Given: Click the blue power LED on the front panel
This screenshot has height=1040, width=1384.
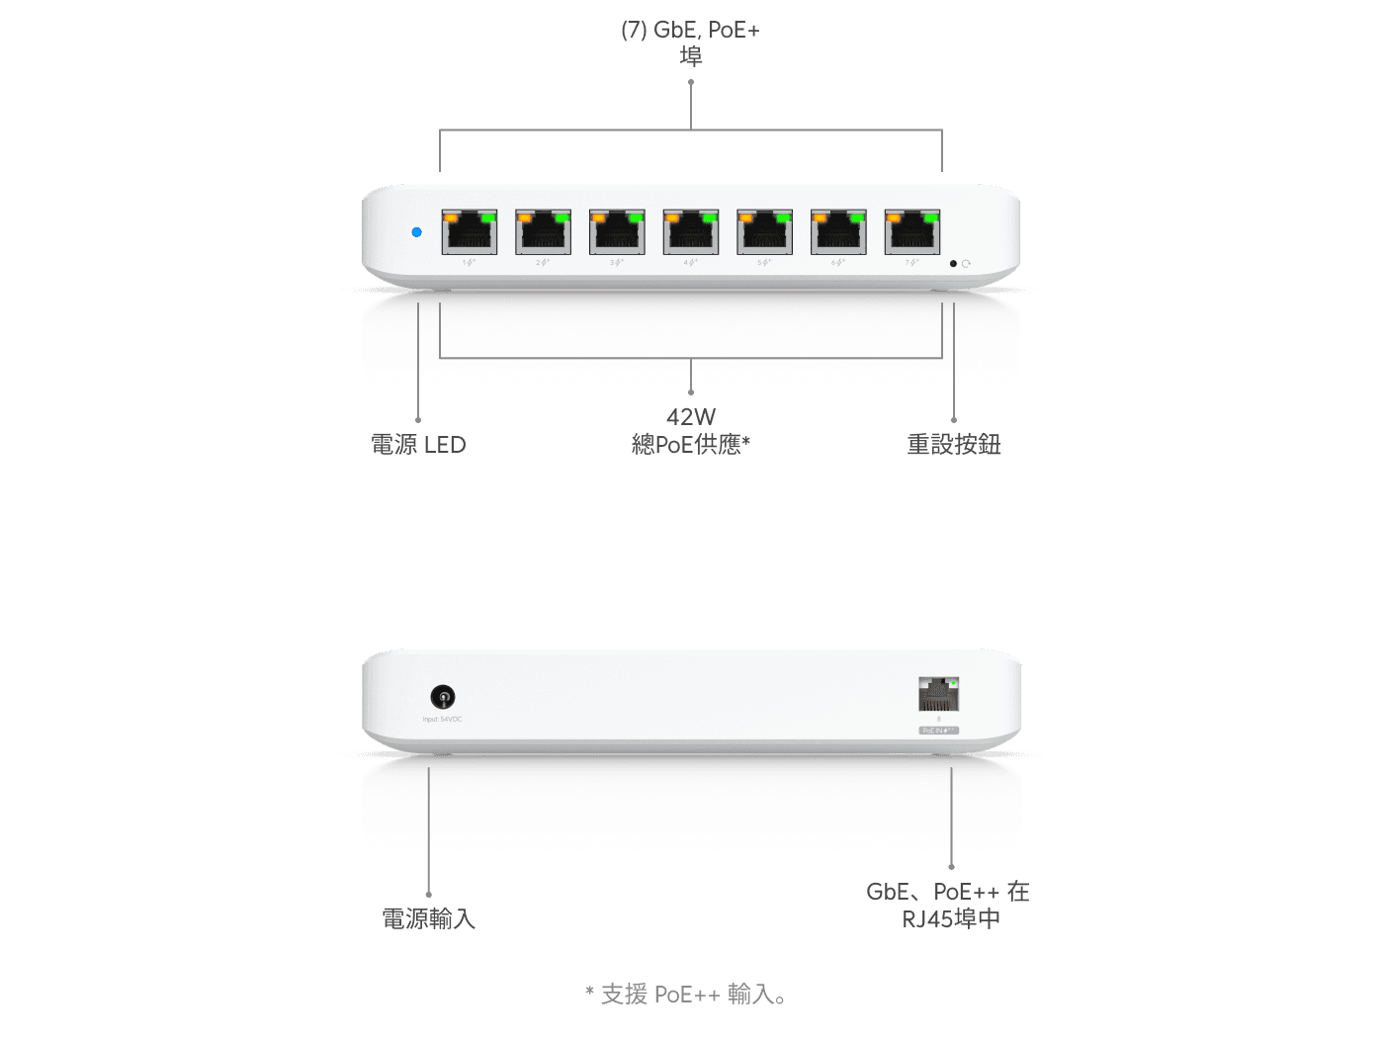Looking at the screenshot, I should [x=416, y=232].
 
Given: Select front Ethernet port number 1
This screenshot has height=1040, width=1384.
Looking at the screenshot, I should [x=469, y=232].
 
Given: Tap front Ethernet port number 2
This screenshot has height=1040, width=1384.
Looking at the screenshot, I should [x=543, y=232].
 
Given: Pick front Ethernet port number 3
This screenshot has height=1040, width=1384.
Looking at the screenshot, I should [x=617, y=232].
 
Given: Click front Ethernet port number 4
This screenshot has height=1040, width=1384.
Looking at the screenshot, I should [x=690, y=232].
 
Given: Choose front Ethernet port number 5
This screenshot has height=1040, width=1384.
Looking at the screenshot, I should [x=764, y=232].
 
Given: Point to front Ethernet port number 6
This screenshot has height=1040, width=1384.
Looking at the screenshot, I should [x=838, y=232].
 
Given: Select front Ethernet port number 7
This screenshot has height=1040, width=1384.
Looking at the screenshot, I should [x=911, y=232].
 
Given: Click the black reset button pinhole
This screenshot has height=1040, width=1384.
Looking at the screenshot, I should [x=953, y=264].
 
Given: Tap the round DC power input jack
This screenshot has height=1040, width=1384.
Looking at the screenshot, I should [x=443, y=697].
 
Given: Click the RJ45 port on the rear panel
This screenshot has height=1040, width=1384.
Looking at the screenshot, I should [x=938, y=694].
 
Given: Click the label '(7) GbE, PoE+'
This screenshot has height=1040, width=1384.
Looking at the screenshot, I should [x=690, y=30].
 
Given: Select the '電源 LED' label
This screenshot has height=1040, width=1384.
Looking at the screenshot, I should [x=418, y=445].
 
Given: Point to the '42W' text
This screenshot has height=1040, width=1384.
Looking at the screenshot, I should [x=690, y=417].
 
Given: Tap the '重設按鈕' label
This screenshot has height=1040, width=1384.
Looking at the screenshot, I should [x=954, y=445].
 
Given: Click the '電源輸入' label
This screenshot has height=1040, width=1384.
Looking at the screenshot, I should [x=428, y=919].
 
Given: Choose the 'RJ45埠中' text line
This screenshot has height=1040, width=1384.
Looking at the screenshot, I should [x=951, y=919].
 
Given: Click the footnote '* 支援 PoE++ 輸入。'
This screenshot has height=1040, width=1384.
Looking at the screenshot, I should [x=687, y=994].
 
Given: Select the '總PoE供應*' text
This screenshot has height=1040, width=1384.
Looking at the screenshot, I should [x=690, y=445].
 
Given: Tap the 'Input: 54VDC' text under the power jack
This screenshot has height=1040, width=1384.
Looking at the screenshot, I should [x=442, y=720].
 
